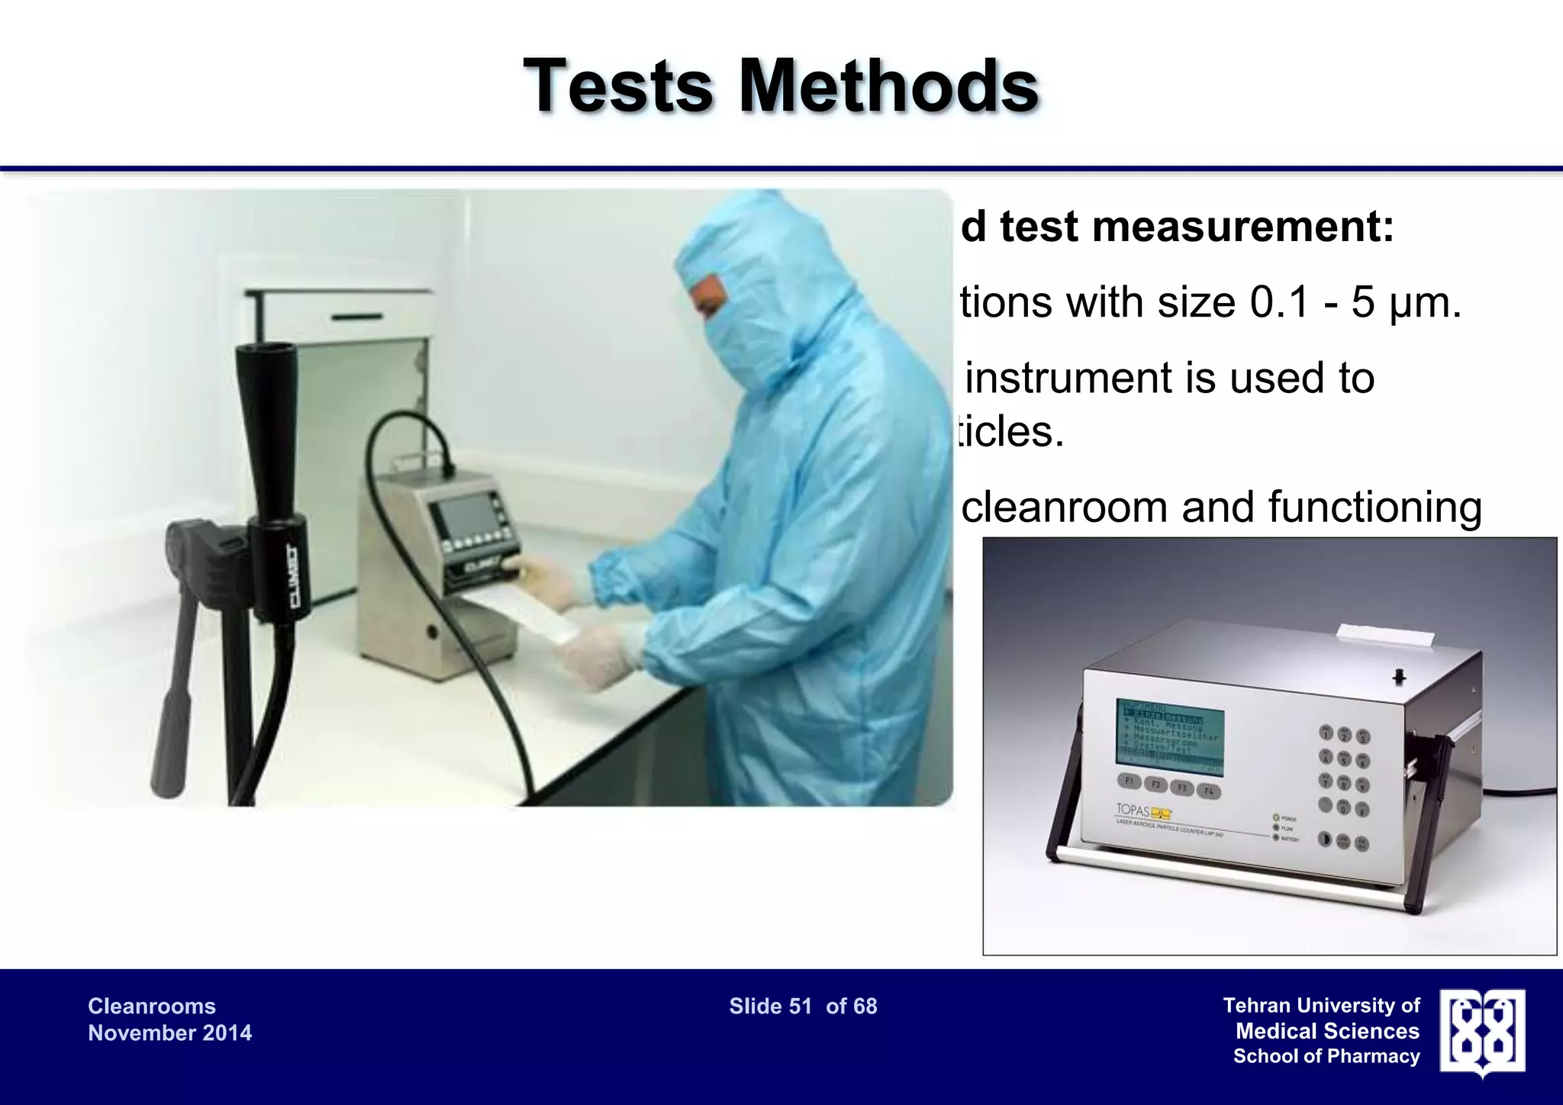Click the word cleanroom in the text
[1064, 507]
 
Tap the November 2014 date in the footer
[169, 1033]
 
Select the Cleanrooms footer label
[152, 1006]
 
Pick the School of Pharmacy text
[1326, 1056]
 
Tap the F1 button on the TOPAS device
[1130, 781]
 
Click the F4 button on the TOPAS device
[1209, 791]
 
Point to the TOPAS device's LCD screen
[1170, 730]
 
